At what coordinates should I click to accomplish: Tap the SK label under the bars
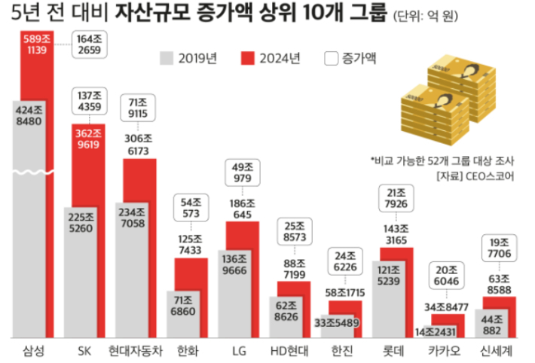pos(84,350)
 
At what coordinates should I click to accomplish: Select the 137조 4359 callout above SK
pos(89,102)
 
